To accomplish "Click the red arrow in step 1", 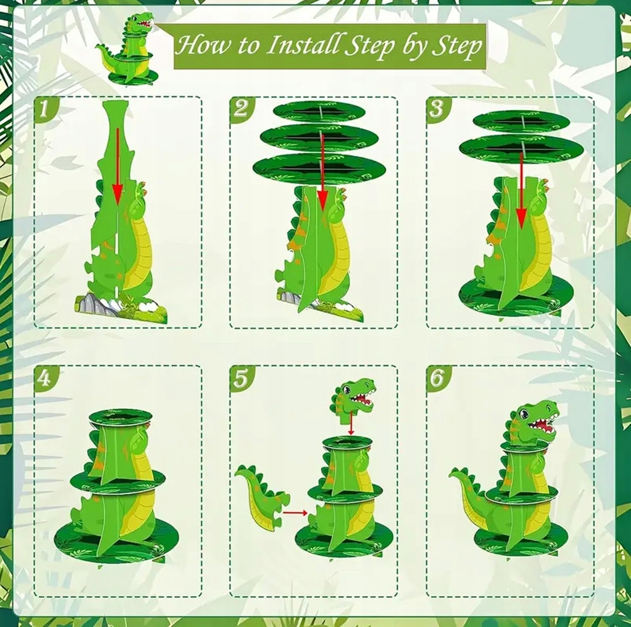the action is pyautogui.click(x=117, y=165).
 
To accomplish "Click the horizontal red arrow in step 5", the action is pyautogui.click(x=295, y=513).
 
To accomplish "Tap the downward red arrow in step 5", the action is pyautogui.click(x=350, y=426).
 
